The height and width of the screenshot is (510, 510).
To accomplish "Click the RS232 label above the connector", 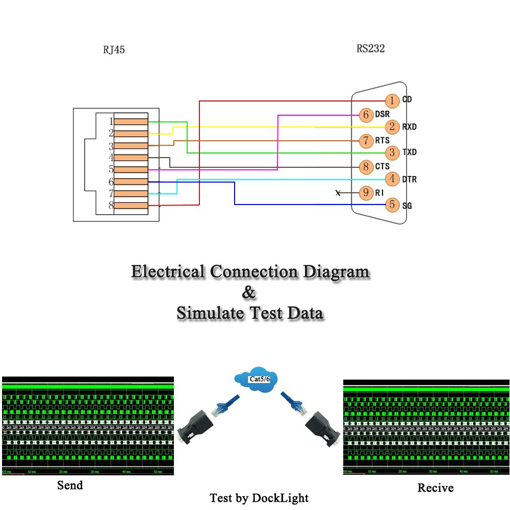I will click(371, 49).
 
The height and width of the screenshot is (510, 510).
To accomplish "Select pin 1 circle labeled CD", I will click(392, 100).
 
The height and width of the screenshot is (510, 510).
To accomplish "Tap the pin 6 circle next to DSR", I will click(366, 115).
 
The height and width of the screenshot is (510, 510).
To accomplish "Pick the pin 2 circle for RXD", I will click(392, 126).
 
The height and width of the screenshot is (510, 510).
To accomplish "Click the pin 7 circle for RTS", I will click(366, 140).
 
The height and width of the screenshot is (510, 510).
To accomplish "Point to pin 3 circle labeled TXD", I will click(392, 152).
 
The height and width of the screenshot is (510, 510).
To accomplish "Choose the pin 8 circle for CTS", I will click(366, 166).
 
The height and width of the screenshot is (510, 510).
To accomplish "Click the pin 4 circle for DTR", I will click(392, 179).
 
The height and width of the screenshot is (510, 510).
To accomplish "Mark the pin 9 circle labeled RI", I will click(366, 193).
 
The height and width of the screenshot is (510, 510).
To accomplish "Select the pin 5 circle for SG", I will click(392, 205).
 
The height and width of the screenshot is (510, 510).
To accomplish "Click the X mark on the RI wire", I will click(338, 193).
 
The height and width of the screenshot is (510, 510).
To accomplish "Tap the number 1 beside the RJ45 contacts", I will click(111, 121).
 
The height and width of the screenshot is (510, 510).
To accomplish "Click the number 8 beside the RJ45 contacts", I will click(111, 206).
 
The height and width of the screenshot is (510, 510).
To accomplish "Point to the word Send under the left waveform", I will click(70, 485).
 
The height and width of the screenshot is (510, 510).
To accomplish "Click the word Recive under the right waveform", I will click(435, 488).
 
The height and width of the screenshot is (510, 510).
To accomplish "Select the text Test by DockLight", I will click(259, 498).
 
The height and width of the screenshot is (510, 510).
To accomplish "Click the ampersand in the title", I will click(248, 293).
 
